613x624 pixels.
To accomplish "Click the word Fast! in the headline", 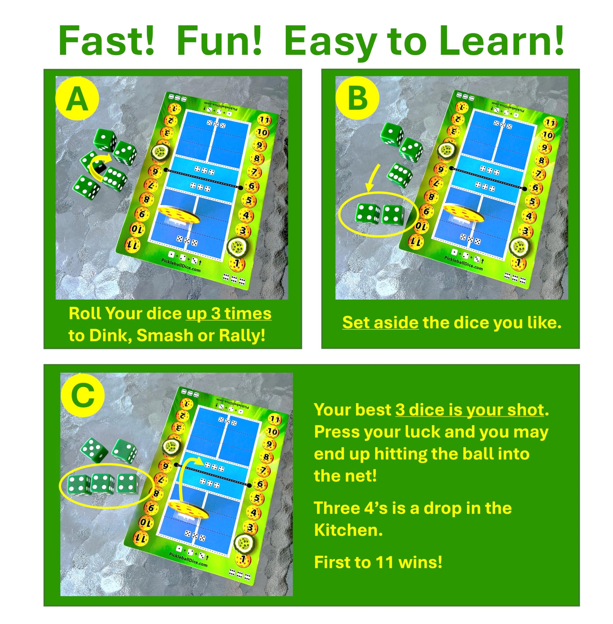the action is click(x=106, y=41).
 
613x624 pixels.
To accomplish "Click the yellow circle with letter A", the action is click(x=77, y=98).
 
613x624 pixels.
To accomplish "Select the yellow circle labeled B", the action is click(x=357, y=98).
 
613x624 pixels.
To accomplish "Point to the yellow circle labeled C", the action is click(x=83, y=396).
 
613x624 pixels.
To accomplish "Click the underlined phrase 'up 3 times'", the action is click(x=229, y=314).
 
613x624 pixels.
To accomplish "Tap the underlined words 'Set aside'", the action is click(x=380, y=322).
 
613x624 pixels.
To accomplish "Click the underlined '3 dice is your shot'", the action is click(x=469, y=410).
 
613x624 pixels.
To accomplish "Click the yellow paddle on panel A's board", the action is click(x=179, y=215).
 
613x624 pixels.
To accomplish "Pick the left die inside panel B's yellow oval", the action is click(x=368, y=213).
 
